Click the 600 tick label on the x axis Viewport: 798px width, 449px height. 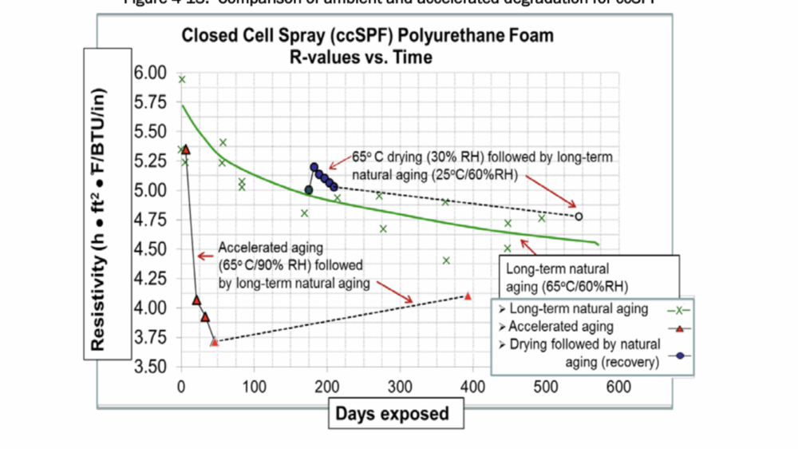click(618, 387)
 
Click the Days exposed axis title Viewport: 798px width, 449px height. click(392, 414)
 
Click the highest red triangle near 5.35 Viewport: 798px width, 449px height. click(186, 149)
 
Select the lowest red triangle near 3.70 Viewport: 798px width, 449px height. click(214, 341)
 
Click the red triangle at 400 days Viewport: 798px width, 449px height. click(468, 296)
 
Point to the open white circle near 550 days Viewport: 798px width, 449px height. click(579, 217)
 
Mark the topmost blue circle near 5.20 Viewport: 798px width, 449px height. click(314, 167)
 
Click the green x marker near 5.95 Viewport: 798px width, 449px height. click(182, 79)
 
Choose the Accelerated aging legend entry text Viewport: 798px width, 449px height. click(561, 326)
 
